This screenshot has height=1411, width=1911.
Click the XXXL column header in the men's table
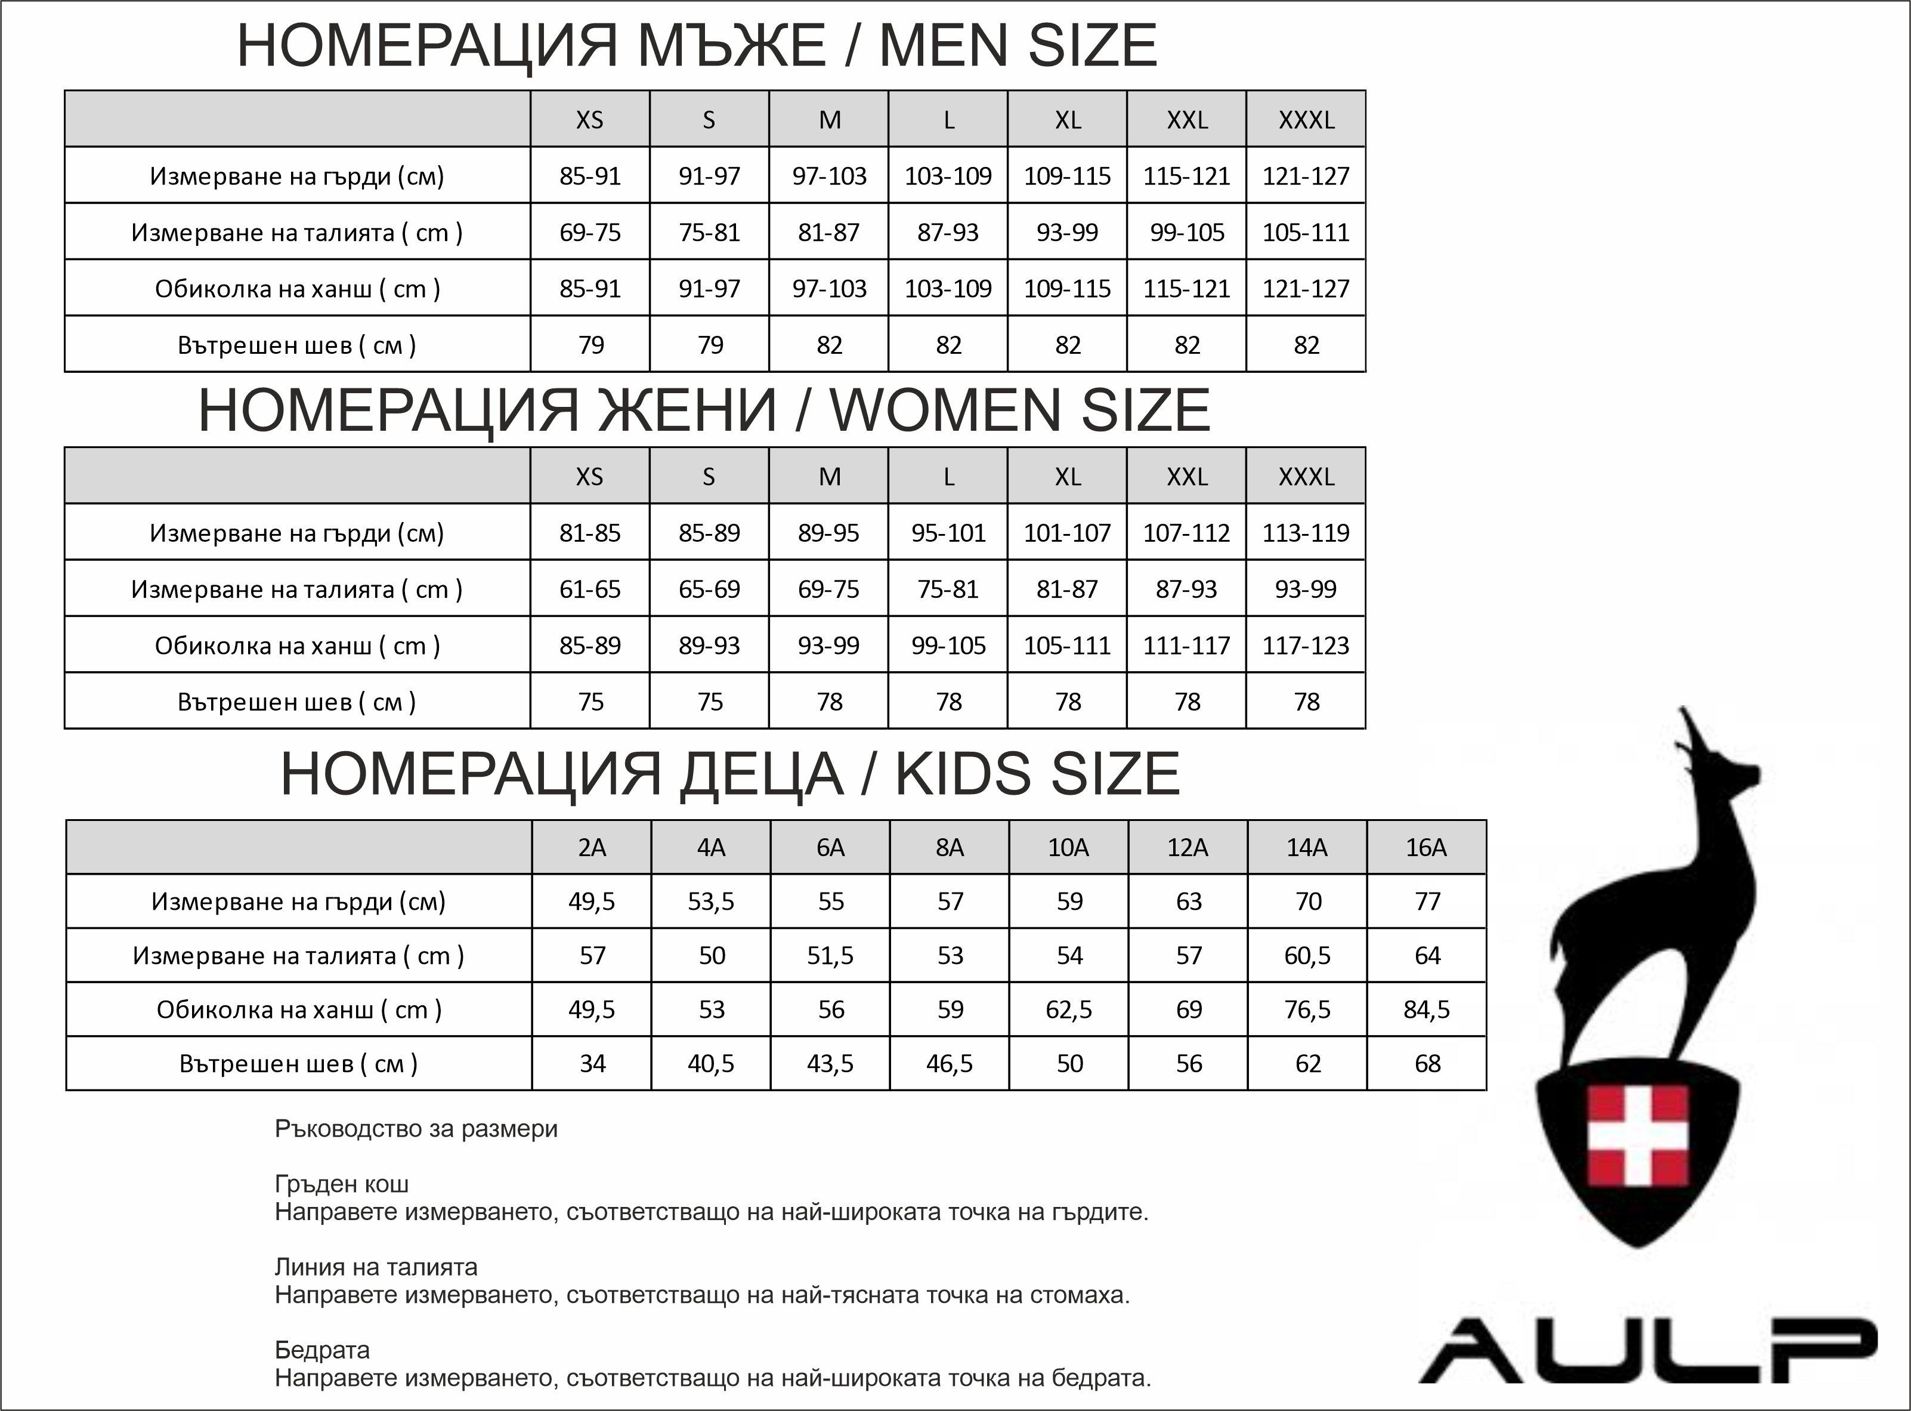[1306, 119]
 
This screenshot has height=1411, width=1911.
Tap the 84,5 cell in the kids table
[1426, 1009]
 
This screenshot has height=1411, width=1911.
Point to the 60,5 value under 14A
[1306, 955]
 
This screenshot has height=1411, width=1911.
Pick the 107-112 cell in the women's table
[1186, 533]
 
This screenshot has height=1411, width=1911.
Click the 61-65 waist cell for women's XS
[589, 589]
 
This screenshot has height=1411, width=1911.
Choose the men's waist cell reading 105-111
[1306, 232]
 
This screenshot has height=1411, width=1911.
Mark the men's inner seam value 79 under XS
[590, 345]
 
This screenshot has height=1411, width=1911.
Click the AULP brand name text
[1647, 1350]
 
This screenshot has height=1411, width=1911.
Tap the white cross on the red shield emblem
[1637, 1136]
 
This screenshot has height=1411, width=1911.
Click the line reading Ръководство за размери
[416, 1129]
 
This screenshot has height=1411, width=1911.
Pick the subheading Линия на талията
[376, 1267]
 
